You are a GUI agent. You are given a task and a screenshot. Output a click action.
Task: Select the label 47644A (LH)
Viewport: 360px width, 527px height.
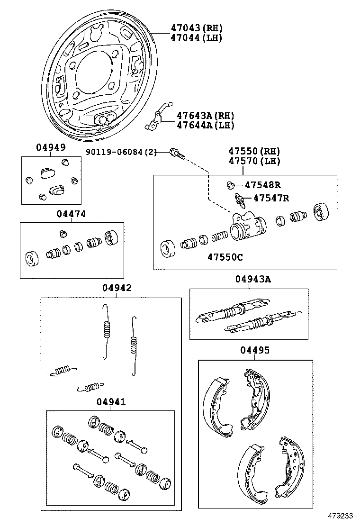coord(205,125)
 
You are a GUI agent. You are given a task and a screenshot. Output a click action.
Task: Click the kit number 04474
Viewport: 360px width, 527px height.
coord(71,214)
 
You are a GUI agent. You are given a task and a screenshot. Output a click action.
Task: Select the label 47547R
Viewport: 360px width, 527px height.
coord(271,198)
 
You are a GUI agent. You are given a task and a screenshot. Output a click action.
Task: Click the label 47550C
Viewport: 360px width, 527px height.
coord(225,257)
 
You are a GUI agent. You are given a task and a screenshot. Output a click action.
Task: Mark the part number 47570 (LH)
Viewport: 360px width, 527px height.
coord(254,161)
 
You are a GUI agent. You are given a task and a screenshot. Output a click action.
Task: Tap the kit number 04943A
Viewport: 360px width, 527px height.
coord(253,280)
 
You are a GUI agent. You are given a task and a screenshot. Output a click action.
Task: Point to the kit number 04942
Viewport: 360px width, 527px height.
coord(117,288)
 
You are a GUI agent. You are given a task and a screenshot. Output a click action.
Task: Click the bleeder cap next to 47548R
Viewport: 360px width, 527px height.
coord(230,184)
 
